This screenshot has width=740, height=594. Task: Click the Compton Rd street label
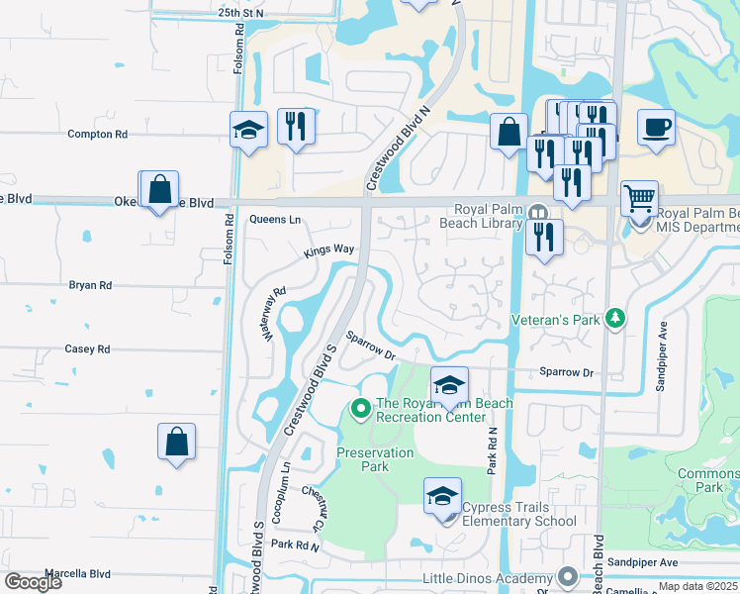pyautogui.click(x=97, y=134)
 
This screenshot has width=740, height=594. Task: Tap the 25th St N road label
pyautogui.click(x=241, y=13)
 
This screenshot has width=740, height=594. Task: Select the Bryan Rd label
pyautogui.click(x=90, y=285)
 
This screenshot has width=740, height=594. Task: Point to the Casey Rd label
pyautogui.click(x=87, y=349)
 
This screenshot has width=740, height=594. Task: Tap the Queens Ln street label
pyautogui.click(x=274, y=220)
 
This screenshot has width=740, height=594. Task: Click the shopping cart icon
pyautogui.click(x=639, y=198)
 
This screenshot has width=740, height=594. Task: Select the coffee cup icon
pyautogui.click(x=656, y=128)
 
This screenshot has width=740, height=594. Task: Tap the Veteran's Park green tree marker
pyautogui.click(x=616, y=319)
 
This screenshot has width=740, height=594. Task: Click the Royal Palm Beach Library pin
pyautogui.click(x=537, y=212)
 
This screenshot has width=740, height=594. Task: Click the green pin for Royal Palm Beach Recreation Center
pyautogui.click(x=360, y=407)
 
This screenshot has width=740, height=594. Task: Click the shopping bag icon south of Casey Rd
pyautogui.click(x=176, y=442)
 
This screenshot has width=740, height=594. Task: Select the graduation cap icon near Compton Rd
pyautogui.click(x=248, y=129)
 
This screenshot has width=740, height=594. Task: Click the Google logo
pyautogui.click(x=34, y=582)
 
